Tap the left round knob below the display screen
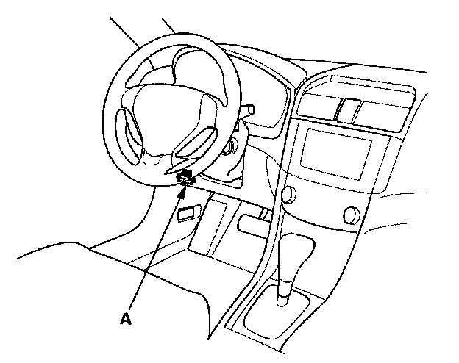tap(287, 195)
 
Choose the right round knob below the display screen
tap(350, 215)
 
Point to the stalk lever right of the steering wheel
tap(249, 112)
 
